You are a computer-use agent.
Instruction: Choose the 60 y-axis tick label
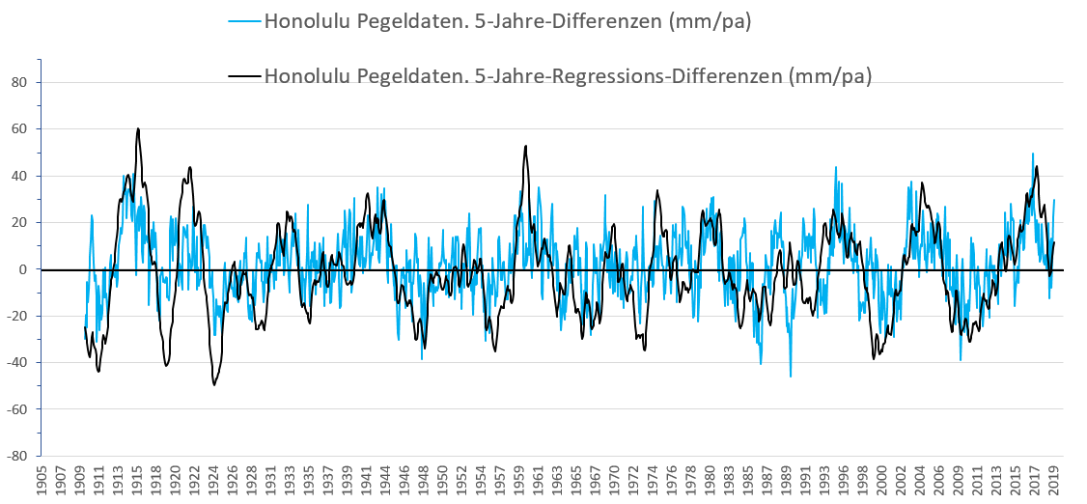pos(24,128)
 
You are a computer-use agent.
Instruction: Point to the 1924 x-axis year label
pos(212,481)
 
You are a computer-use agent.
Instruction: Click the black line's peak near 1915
pos(138,128)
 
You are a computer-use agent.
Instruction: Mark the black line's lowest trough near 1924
pos(214,385)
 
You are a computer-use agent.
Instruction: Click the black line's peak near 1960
pos(525,146)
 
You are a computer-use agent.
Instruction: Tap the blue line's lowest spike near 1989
pos(791,377)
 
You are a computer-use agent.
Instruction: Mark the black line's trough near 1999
pos(874,359)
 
